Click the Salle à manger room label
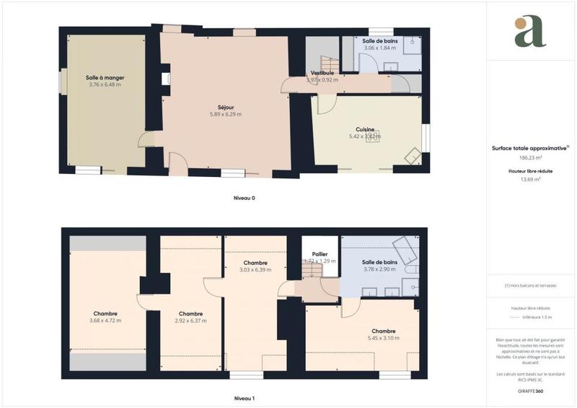104,77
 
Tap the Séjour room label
226,108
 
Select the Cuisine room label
365,129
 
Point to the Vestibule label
322,73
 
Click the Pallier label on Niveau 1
320,254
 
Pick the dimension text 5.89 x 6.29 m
226,114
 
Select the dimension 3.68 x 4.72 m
105,320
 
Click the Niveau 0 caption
245,198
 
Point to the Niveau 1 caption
245,398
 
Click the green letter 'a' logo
530,32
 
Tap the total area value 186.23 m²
530,157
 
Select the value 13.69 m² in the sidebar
530,180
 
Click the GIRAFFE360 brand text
530,391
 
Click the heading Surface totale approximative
529,147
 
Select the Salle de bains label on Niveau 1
380,262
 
